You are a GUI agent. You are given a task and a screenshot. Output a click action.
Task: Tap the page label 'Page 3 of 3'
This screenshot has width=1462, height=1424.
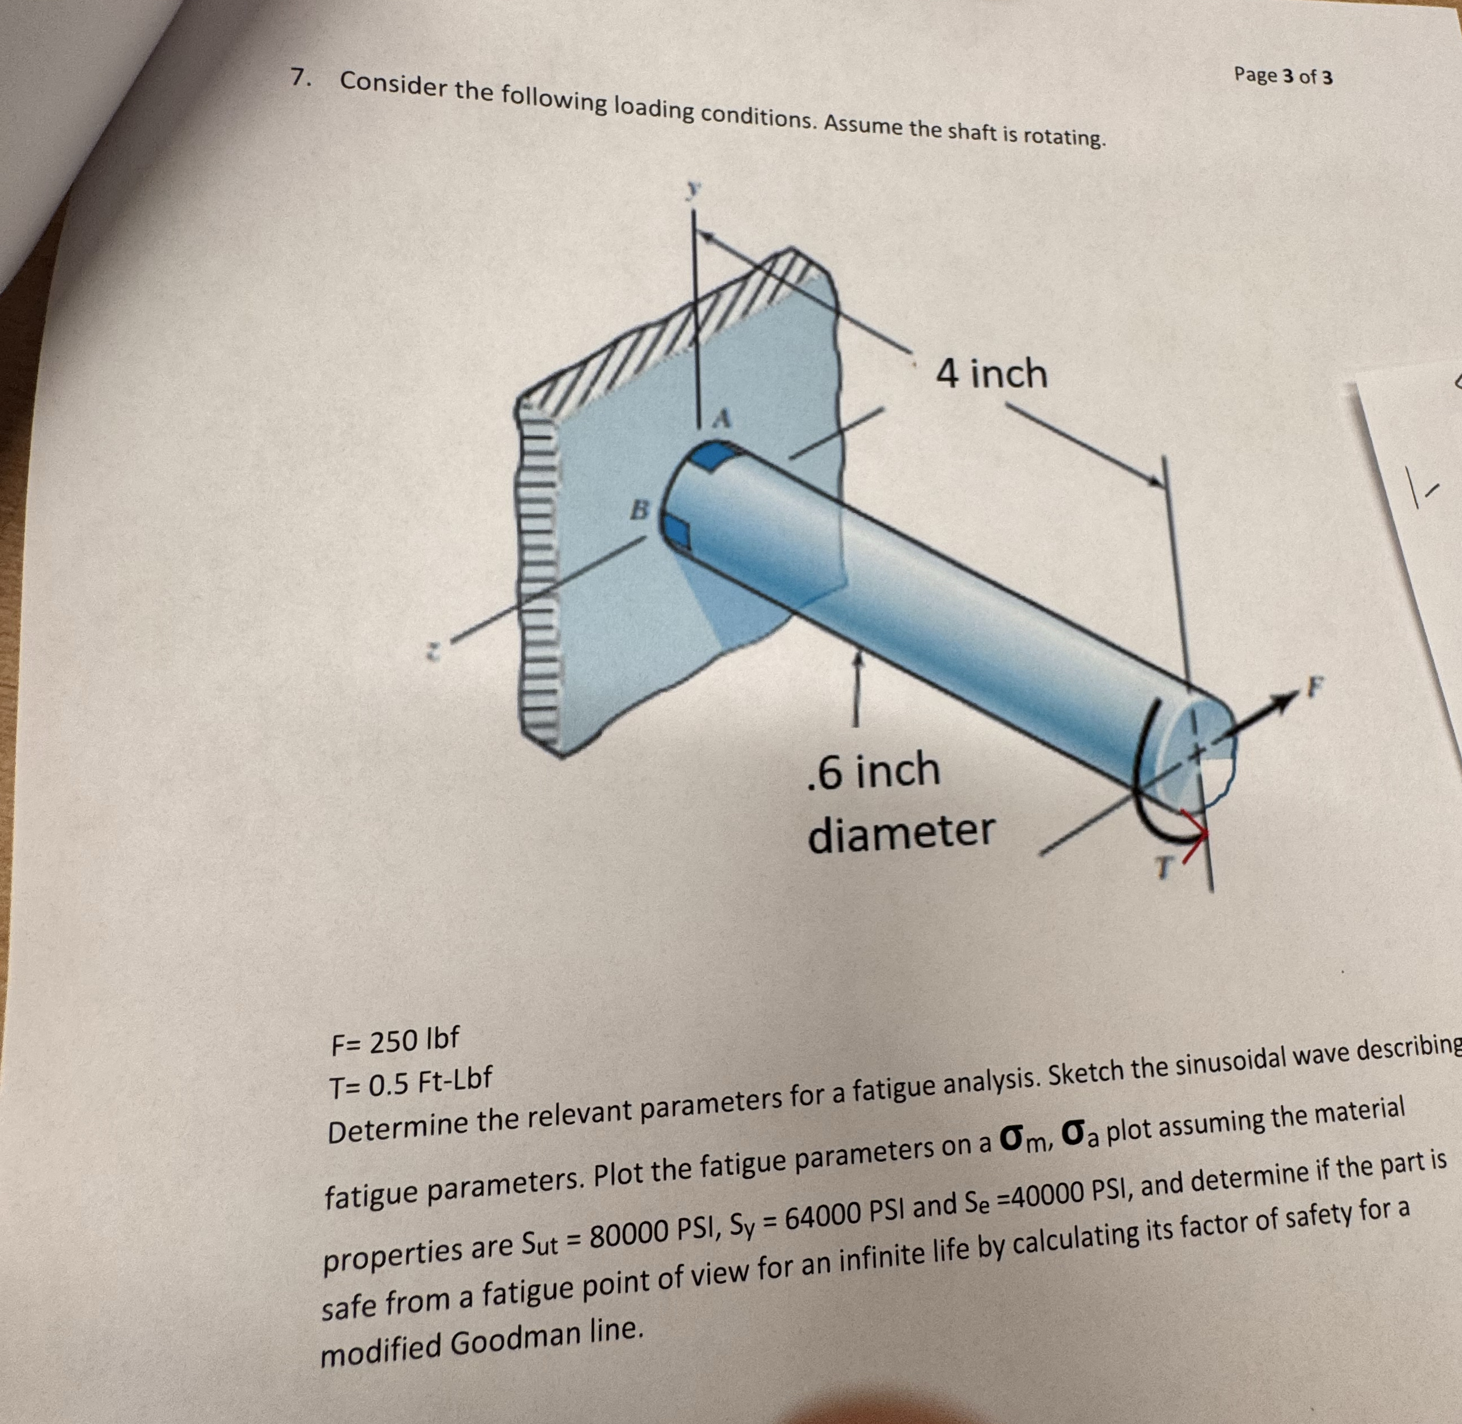click(1283, 75)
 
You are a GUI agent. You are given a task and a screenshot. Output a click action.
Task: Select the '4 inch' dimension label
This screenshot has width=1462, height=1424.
click(992, 373)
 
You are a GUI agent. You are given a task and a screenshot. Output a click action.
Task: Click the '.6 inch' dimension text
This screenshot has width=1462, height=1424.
click(874, 771)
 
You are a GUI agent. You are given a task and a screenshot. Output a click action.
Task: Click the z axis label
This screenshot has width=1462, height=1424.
click(430, 652)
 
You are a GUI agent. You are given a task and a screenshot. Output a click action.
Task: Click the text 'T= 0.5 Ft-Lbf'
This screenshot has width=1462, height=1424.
click(410, 1080)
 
